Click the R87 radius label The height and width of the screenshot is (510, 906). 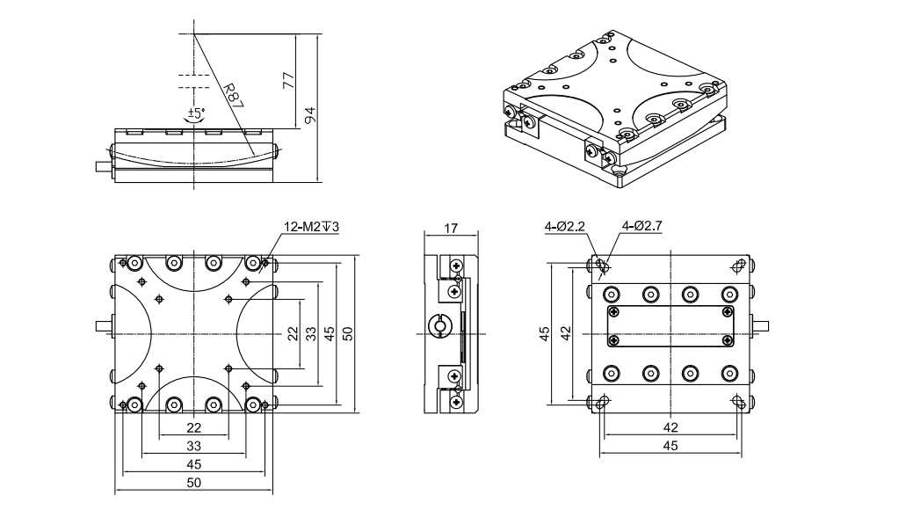[232, 96]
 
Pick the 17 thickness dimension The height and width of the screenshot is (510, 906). [451, 229]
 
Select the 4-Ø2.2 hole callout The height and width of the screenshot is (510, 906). [564, 227]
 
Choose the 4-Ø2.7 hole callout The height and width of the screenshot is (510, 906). [641, 227]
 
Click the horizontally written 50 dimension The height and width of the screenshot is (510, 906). [194, 482]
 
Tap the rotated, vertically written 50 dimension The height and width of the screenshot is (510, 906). [347, 333]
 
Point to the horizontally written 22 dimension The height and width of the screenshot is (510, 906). [194, 427]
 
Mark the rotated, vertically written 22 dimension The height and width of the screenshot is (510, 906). [292, 333]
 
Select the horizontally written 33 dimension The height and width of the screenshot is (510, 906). [194, 446]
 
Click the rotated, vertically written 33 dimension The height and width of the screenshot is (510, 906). [309, 333]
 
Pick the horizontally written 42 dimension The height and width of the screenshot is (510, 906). [670, 427]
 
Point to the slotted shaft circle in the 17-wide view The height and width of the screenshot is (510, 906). [439, 327]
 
